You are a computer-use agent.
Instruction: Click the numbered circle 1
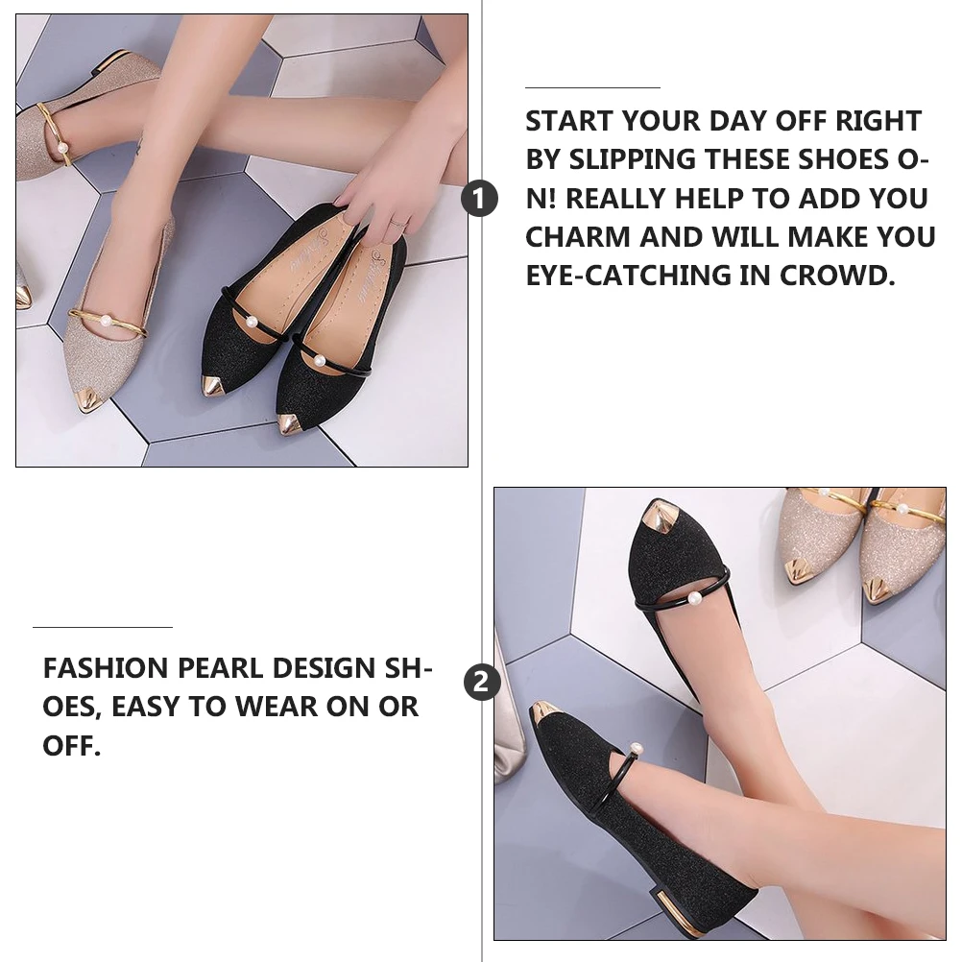(x=480, y=199)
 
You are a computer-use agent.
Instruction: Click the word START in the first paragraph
(x=569, y=122)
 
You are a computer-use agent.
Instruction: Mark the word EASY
(x=145, y=708)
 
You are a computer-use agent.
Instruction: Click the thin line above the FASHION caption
(x=103, y=627)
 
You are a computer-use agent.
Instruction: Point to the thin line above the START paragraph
(x=592, y=87)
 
